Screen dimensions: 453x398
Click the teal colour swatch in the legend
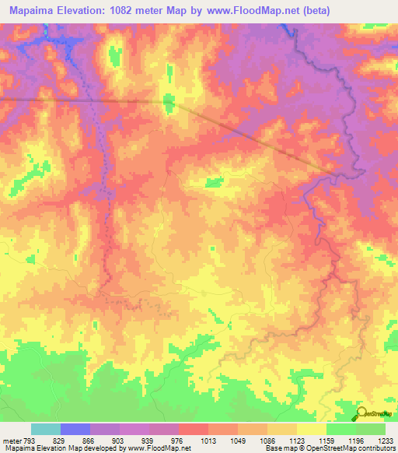pos(46,429)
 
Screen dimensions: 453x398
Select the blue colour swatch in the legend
pos(75,429)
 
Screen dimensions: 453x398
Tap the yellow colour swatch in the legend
pos(312,429)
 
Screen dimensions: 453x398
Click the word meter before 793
pos(12,440)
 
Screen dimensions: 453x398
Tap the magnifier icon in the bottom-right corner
pos(361,414)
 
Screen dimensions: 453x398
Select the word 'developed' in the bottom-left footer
pos(102,448)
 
